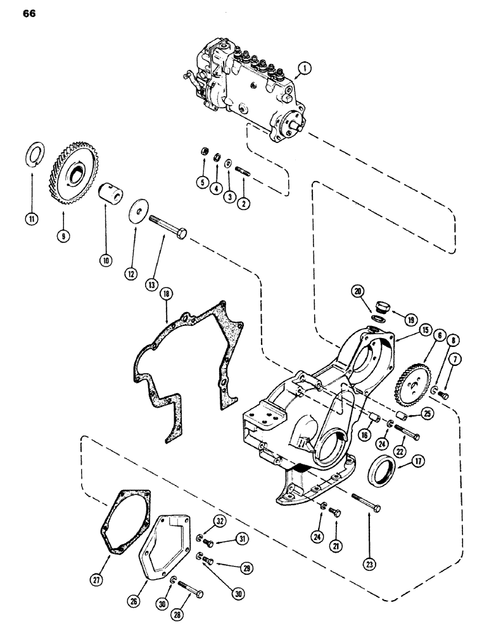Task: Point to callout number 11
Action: (x=31, y=220)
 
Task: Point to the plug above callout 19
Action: (x=381, y=307)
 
